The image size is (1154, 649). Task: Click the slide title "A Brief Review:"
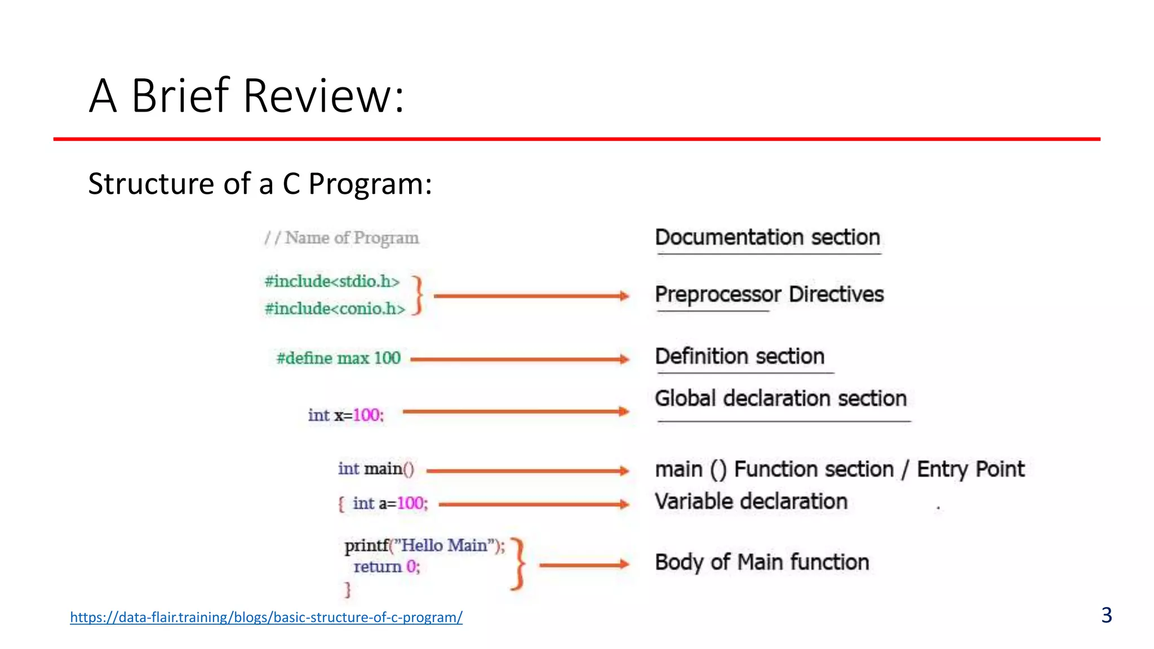pos(246,96)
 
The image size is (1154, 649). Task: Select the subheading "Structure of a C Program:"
pos(260,184)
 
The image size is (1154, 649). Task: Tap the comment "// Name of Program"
pos(341,238)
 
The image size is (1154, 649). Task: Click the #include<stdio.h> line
pos(332,281)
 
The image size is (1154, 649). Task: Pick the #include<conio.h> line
pos(335,309)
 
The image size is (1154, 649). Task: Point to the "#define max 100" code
pos(338,358)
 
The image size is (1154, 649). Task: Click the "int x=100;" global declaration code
pos(345,415)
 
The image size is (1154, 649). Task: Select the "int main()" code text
pos(376,469)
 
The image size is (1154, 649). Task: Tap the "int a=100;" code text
pos(390,503)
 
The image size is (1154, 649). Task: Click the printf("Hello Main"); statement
pos(424,545)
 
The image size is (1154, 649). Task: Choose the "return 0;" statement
pos(387,567)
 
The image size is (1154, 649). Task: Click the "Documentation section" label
pos(767,237)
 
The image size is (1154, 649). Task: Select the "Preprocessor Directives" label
pos(769,294)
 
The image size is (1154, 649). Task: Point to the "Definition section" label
pos(739,356)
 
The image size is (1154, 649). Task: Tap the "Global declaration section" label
pos(780,398)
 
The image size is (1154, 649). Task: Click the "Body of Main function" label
pos(762,562)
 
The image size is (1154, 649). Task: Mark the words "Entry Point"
pos(970,469)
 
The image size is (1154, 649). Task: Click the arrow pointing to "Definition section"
pos(519,359)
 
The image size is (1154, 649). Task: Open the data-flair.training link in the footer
pos(266,617)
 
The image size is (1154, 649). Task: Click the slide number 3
pos(1106,615)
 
